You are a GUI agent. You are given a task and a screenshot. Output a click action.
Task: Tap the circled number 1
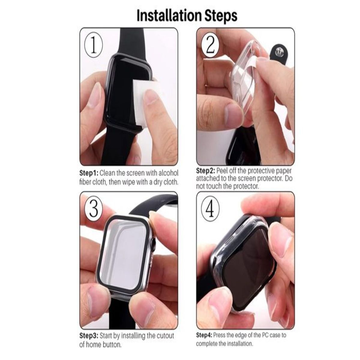pos(93,46)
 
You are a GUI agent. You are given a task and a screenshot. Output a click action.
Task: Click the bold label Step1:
pos(89,173)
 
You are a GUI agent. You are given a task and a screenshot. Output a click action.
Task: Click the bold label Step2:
pos(205,171)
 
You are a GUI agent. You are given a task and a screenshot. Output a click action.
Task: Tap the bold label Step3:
pos(89,335)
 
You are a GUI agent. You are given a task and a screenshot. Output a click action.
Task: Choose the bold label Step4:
pos(204,335)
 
